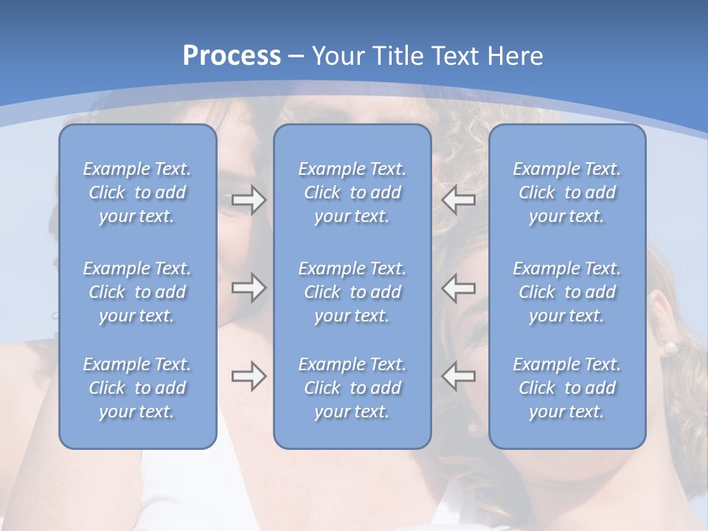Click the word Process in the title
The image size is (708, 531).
coord(232,56)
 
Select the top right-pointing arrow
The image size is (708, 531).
coord(249,200)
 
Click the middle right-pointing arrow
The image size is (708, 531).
coord(249,287)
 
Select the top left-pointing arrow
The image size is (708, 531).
coord(459,200)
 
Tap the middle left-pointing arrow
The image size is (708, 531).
coord(459,287)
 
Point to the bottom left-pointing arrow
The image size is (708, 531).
coord(459,376)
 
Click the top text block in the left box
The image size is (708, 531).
coord(137,192)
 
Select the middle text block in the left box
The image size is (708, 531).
coord(137,292)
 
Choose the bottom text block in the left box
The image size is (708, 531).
coord(137,388)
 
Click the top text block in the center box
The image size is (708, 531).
coord(353,192)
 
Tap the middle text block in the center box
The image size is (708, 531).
coord(353,292)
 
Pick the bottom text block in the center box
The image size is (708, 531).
coord(353,388)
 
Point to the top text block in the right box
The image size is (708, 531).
coord(567,192)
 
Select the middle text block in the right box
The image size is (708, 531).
coord(567,292)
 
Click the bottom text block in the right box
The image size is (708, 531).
coord(567,388)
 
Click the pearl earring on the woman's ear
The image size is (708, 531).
coord(670,346)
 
